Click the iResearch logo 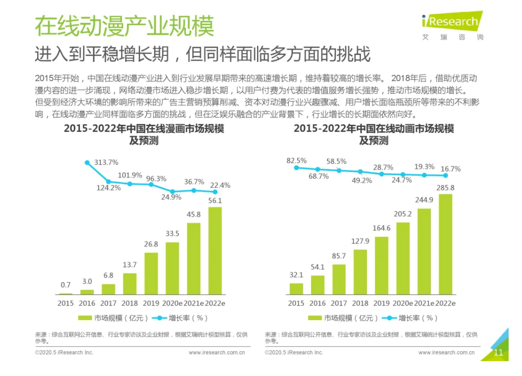[x=452, y=22]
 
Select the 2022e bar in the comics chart [x=215, y=250]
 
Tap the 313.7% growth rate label [x=106, y=162]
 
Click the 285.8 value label [x=445, y=188]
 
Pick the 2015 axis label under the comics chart [x=65, y=303]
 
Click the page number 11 [x=498, y=353]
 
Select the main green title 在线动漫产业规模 [x=124, y=26]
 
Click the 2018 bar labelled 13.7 [x=130, y=284]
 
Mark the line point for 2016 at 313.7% [x=87, y=162]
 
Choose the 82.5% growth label [x=296, y=161]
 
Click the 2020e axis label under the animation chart [x=403, y=303]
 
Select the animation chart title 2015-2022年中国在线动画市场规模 [x=374, y=129]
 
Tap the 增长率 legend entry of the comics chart [x=181, y=318]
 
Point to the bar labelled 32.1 [x=296, y=289]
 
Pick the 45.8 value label [x=194, y=215]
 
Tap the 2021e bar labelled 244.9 [x=424, y=251]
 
